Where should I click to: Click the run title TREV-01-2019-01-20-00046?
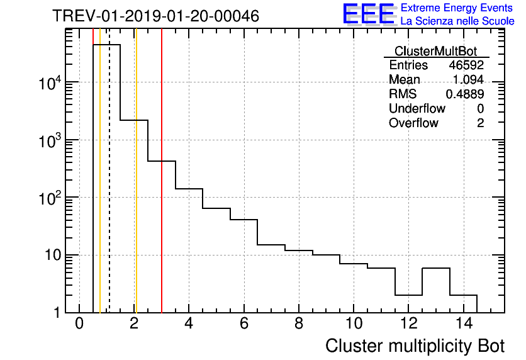tap(155, 16)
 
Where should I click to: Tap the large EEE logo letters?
tap(369, 14)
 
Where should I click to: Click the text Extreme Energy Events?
tap(457, 8)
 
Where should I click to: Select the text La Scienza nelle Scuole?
tap(457, 21)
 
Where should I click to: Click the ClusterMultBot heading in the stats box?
tap(435, 51)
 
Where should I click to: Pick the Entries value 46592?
tap(466, 65)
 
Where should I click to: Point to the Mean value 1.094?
tap(468, 80)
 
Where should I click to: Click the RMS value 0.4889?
tap(465, 94)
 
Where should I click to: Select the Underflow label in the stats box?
tap(417, 108)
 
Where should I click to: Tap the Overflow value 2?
tap(480, 123)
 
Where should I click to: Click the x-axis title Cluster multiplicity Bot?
tap(415, 346)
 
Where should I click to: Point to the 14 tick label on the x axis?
tap(463, 324)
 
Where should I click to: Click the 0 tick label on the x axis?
tap(79, 324)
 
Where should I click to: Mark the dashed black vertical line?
tap(109, 189)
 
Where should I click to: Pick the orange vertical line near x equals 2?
tap(136, 189)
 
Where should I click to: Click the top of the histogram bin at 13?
tap(435, 269)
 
